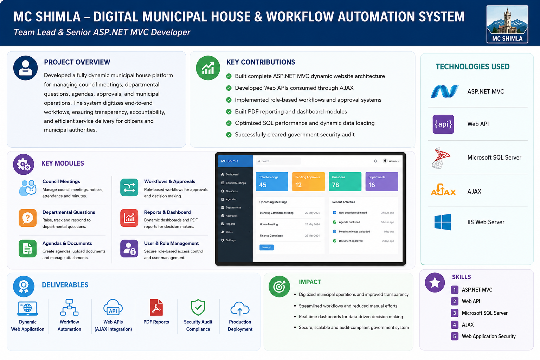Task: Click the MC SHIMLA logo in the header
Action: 507,24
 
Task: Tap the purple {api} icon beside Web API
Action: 443,124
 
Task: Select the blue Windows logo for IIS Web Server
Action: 443,222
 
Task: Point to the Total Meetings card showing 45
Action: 272,181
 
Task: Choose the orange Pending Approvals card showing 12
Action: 308,181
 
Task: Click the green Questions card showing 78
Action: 345,181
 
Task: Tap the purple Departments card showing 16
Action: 381,181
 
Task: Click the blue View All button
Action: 266,247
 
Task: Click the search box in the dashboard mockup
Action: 278,161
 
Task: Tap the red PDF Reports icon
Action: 156,307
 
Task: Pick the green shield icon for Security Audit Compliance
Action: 198,307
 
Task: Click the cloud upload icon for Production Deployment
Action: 240,308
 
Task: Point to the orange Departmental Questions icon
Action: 28,218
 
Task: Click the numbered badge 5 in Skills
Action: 455,336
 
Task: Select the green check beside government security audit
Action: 229,135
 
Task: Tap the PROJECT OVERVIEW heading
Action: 77,62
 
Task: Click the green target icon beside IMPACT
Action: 279,287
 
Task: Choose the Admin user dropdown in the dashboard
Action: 391,161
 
